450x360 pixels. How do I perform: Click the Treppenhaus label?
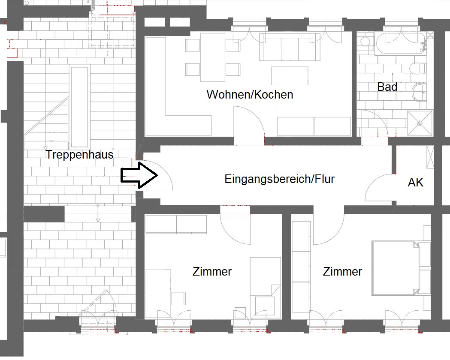click(80, 155)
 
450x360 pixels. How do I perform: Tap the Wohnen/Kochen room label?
click(250, 95)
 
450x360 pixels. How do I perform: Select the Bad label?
click(387, 87)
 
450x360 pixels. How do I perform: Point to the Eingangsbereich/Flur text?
click(280, 179)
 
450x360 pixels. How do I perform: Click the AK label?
click(415, 182)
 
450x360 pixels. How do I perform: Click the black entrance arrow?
click(139, 175)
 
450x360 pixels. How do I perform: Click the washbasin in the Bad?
click(419, 92)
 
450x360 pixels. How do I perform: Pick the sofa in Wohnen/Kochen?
click(290, 47)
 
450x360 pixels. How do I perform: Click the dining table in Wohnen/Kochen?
click(213, 57)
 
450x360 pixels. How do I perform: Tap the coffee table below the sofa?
click(290, 76)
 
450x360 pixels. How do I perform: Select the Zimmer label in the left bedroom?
click(212, 272)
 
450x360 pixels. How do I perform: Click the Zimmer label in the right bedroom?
click(342, 272)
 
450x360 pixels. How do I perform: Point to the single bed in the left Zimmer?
click(265, 288)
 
